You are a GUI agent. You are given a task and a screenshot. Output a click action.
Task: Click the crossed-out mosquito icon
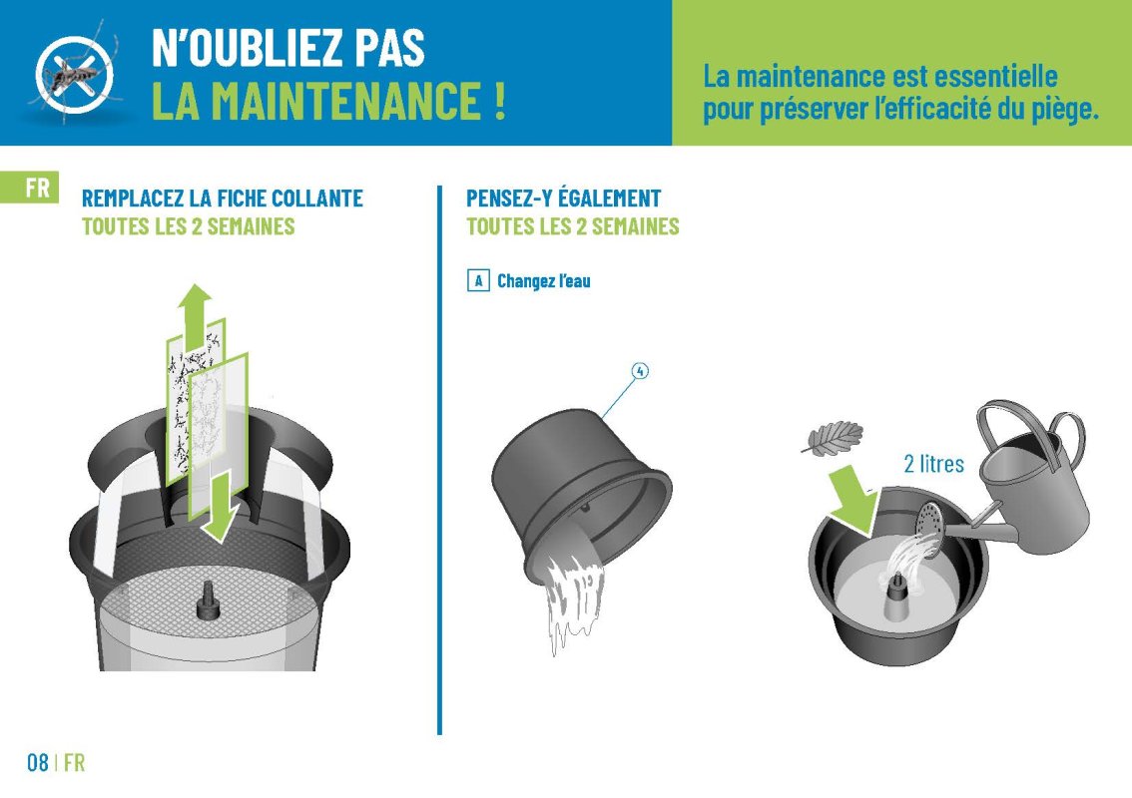[x=74, y=74]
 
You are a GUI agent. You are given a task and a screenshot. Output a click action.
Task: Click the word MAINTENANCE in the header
[x=316, y=101]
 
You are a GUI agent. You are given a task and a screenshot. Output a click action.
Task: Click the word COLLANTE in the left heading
[x=316, y=199]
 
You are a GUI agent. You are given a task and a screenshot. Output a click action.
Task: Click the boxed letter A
[x=478, y=280]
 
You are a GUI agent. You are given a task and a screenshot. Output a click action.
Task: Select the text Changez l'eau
[x=544, y=280]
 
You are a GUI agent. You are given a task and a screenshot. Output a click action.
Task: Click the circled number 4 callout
[x=640, y=371]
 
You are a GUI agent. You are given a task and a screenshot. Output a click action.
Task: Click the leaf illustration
[x=833, y=439]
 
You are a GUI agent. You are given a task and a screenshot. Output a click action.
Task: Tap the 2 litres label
[x=933, y=464]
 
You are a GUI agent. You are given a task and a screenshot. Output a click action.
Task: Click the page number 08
[x=38, y=763]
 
